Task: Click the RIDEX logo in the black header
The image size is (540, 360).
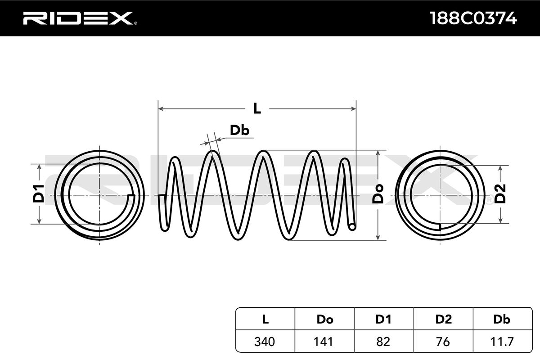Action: point(80,18)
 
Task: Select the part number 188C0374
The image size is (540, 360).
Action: point(473,18)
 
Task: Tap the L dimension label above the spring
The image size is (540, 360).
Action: point(257,108)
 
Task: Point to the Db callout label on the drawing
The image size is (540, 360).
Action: point(239,130)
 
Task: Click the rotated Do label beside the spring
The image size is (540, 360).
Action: point(378,194)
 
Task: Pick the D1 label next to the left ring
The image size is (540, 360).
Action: point(39,193)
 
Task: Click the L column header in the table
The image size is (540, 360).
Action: point(265,319)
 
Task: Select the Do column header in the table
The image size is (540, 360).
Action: point(325,319)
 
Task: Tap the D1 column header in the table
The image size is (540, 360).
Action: point(383,319)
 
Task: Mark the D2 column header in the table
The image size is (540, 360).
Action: point(443,319)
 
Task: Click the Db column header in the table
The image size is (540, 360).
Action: point(502,319)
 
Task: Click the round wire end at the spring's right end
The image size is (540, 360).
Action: point(352,227)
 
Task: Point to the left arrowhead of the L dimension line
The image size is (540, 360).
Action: point(161,109)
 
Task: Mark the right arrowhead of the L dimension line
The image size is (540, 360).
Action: point(353,109)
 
